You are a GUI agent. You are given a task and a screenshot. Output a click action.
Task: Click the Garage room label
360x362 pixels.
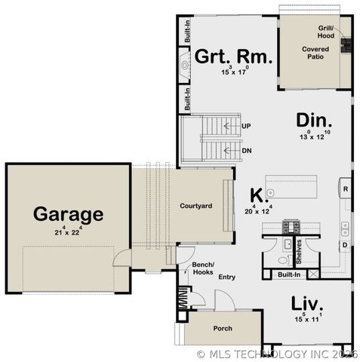(68, 214)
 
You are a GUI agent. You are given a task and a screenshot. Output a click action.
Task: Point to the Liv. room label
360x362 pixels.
(308, 303)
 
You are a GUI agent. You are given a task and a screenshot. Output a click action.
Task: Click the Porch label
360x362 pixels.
(222, 329)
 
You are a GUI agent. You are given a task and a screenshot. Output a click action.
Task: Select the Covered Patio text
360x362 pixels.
(316, 54)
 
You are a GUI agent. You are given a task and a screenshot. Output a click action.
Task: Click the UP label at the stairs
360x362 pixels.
(246, 125)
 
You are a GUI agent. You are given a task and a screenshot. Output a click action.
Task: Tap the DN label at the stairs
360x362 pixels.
(246, 150)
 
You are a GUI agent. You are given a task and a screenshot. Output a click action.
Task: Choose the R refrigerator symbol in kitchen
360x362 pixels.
(345, 189)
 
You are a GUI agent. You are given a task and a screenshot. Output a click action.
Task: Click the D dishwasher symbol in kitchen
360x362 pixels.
(344, 245)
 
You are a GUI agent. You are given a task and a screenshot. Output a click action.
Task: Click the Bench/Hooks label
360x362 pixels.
(203, 268)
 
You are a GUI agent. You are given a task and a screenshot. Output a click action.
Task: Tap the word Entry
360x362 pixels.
(226, 278)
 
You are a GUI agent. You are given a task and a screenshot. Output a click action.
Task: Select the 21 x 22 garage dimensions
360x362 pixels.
(68, 231)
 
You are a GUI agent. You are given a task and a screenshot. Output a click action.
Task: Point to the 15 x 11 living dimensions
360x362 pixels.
(308, 319)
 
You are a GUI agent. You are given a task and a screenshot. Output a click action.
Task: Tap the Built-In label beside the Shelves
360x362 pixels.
(290, 275)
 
